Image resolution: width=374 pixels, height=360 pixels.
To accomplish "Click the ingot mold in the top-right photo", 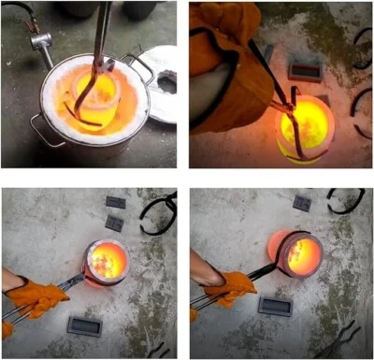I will [305, 71].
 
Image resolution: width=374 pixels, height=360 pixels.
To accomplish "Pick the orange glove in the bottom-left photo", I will [37, 297].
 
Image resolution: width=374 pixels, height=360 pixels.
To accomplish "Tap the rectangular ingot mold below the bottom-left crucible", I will [85, 325].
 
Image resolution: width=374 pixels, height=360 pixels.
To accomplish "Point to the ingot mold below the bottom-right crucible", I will [276, 307].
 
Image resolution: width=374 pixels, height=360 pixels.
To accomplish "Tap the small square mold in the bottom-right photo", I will [302, 203].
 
